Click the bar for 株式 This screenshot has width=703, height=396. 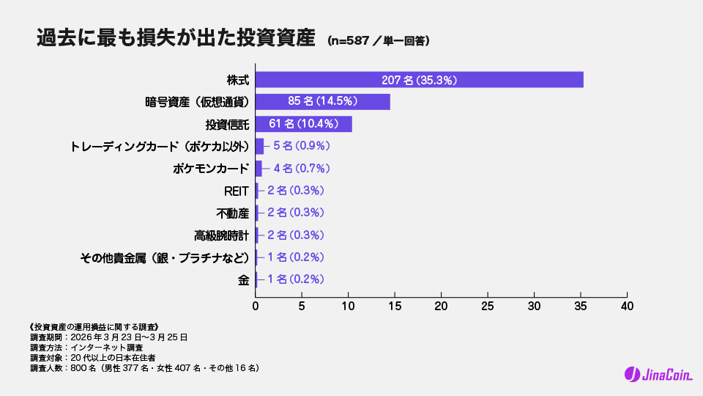coord(419,80)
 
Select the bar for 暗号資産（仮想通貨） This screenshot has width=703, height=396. coord(322,102)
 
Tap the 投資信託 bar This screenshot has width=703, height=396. coord(303,124)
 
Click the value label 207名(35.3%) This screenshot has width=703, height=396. coord(419,80)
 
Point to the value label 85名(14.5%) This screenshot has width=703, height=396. coord(322,102)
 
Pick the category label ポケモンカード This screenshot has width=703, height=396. coord(211,169)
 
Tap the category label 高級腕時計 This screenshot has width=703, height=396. coord(221,235)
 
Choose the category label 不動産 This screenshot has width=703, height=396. coord(232,213)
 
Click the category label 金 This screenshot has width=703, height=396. coord(243,279)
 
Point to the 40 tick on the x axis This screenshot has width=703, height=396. coord(627,306)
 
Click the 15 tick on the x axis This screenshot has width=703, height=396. coord(395,306)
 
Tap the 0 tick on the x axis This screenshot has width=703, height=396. coord(256,306)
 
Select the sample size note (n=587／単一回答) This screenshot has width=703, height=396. coord(378,41)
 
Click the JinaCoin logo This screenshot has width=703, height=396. coord(655,375)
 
